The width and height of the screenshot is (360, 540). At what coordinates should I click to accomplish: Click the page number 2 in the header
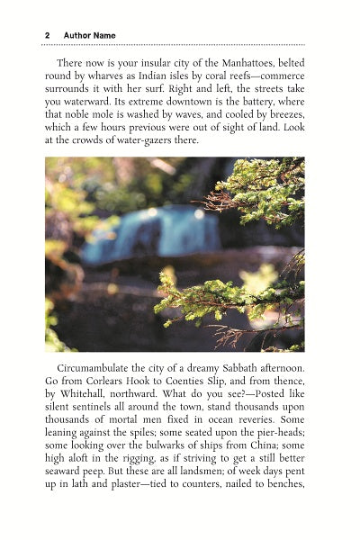coord(47,35)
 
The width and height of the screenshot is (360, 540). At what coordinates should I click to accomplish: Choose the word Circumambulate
coord(98,369)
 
